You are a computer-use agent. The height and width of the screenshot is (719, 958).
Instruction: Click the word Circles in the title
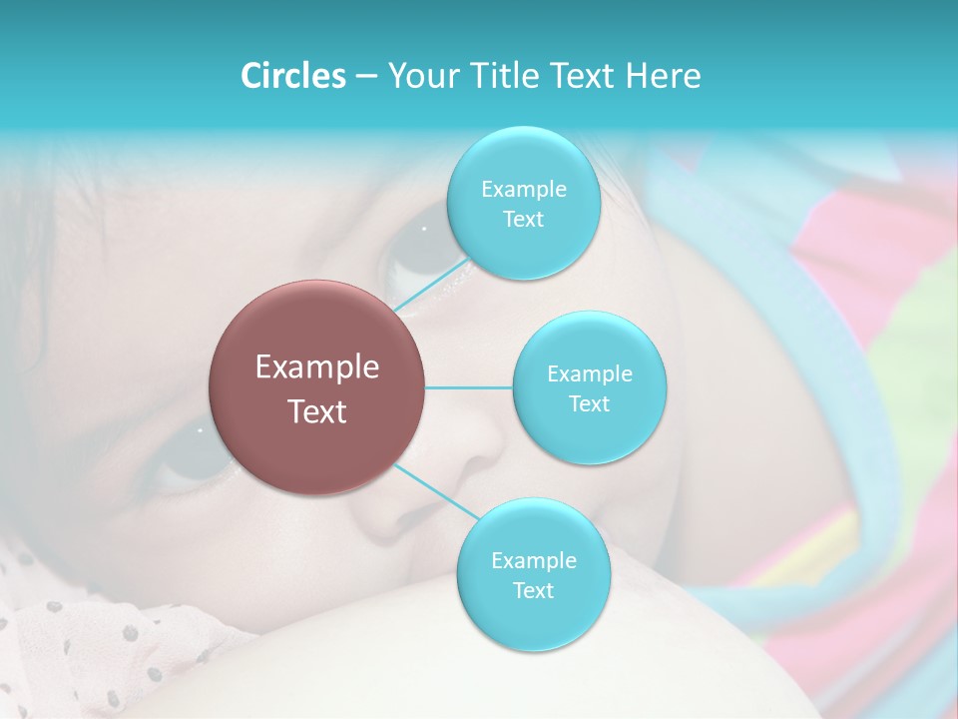click(293, 76)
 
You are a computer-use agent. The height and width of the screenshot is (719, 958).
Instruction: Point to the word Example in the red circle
click(317, 367)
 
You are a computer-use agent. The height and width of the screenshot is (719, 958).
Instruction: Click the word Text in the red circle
click(317, 411)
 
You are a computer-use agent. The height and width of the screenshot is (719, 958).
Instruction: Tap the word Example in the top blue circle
click(523, 189)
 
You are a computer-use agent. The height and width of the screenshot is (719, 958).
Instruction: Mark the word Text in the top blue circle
click(523, 219)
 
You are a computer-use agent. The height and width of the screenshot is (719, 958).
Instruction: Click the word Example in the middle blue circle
click(589, 373)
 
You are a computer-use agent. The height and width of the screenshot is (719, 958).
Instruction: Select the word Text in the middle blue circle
click(589, 403)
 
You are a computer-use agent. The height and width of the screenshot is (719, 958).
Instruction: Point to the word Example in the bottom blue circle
click(533, 560)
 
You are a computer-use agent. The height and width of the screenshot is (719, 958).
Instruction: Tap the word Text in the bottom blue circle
click(533, 590)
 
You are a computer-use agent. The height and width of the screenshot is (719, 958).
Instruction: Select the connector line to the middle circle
click(469, 387)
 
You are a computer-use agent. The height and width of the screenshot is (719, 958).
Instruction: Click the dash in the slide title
click(366, 77)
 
